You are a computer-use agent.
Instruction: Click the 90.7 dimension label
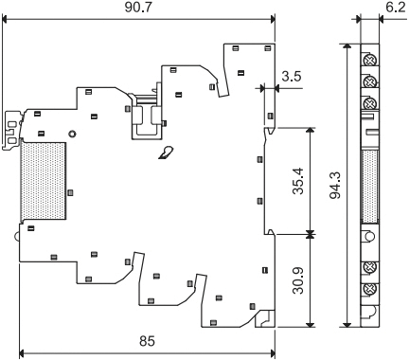coord(138,8)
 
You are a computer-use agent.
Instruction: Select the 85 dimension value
coord(147,341)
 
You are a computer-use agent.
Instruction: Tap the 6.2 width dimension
coord(396,8)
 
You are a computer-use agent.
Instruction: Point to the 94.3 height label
coord(335,186)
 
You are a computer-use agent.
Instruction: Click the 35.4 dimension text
coord(298,181)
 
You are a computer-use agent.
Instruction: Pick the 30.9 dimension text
coord(298,280)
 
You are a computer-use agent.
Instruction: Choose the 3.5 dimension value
coord(292,77)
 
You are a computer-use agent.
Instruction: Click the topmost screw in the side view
coord(369,60)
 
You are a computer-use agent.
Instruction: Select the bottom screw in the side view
coord(369,289)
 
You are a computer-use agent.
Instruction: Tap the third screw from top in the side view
coord(369,103)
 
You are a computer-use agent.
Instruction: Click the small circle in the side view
coord(369,236)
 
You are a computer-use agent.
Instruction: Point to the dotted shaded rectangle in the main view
coord(44,181)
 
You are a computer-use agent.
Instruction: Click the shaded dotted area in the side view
coord(369,187)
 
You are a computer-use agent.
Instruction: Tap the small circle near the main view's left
coord(72,134)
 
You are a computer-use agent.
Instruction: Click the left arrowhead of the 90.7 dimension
coord(5,19)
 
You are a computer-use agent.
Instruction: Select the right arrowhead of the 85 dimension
coord(273,352)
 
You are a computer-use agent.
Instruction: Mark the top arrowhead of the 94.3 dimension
coord(347,46)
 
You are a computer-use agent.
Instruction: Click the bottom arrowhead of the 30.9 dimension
coord(311,325)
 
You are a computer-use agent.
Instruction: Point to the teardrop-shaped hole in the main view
coord(166,153)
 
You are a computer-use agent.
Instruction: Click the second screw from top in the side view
coord(369,82)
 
